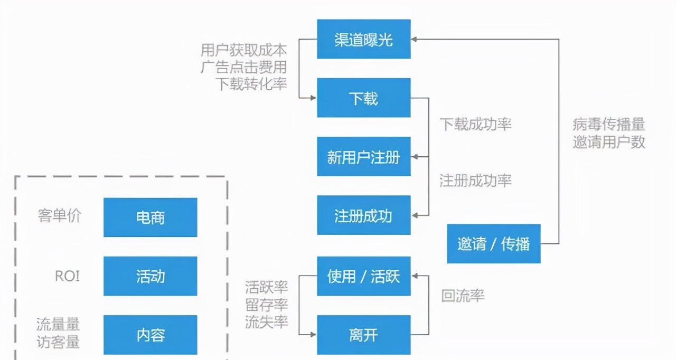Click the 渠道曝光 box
(x=363, y=39)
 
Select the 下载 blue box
(x=363, y=98)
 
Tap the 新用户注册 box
(x=363, y=157)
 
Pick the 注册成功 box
(x=363, y=215)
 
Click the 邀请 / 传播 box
(x=493, y=244)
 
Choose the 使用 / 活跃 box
(x=363, y=276)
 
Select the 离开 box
(x=363, y=335)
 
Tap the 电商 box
(x=151, y=217)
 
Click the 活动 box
(x=151, y=276)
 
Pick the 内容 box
(x=151, y=335)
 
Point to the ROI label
(x=68, y=276)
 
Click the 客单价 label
(x=60, y=215)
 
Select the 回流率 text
(x=463, y=296)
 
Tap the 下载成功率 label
(x=476, y=125)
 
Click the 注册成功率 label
(x=476, y=181)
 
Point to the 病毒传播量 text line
(x=609, y=125)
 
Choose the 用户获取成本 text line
(x=243, y=51)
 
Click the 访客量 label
(x=58, y=342)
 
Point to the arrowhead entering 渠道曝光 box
(x=415, y=39)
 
